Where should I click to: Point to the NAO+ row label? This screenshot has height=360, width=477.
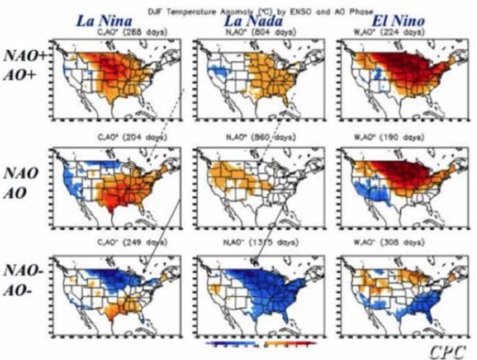click(x=24, y=55)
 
